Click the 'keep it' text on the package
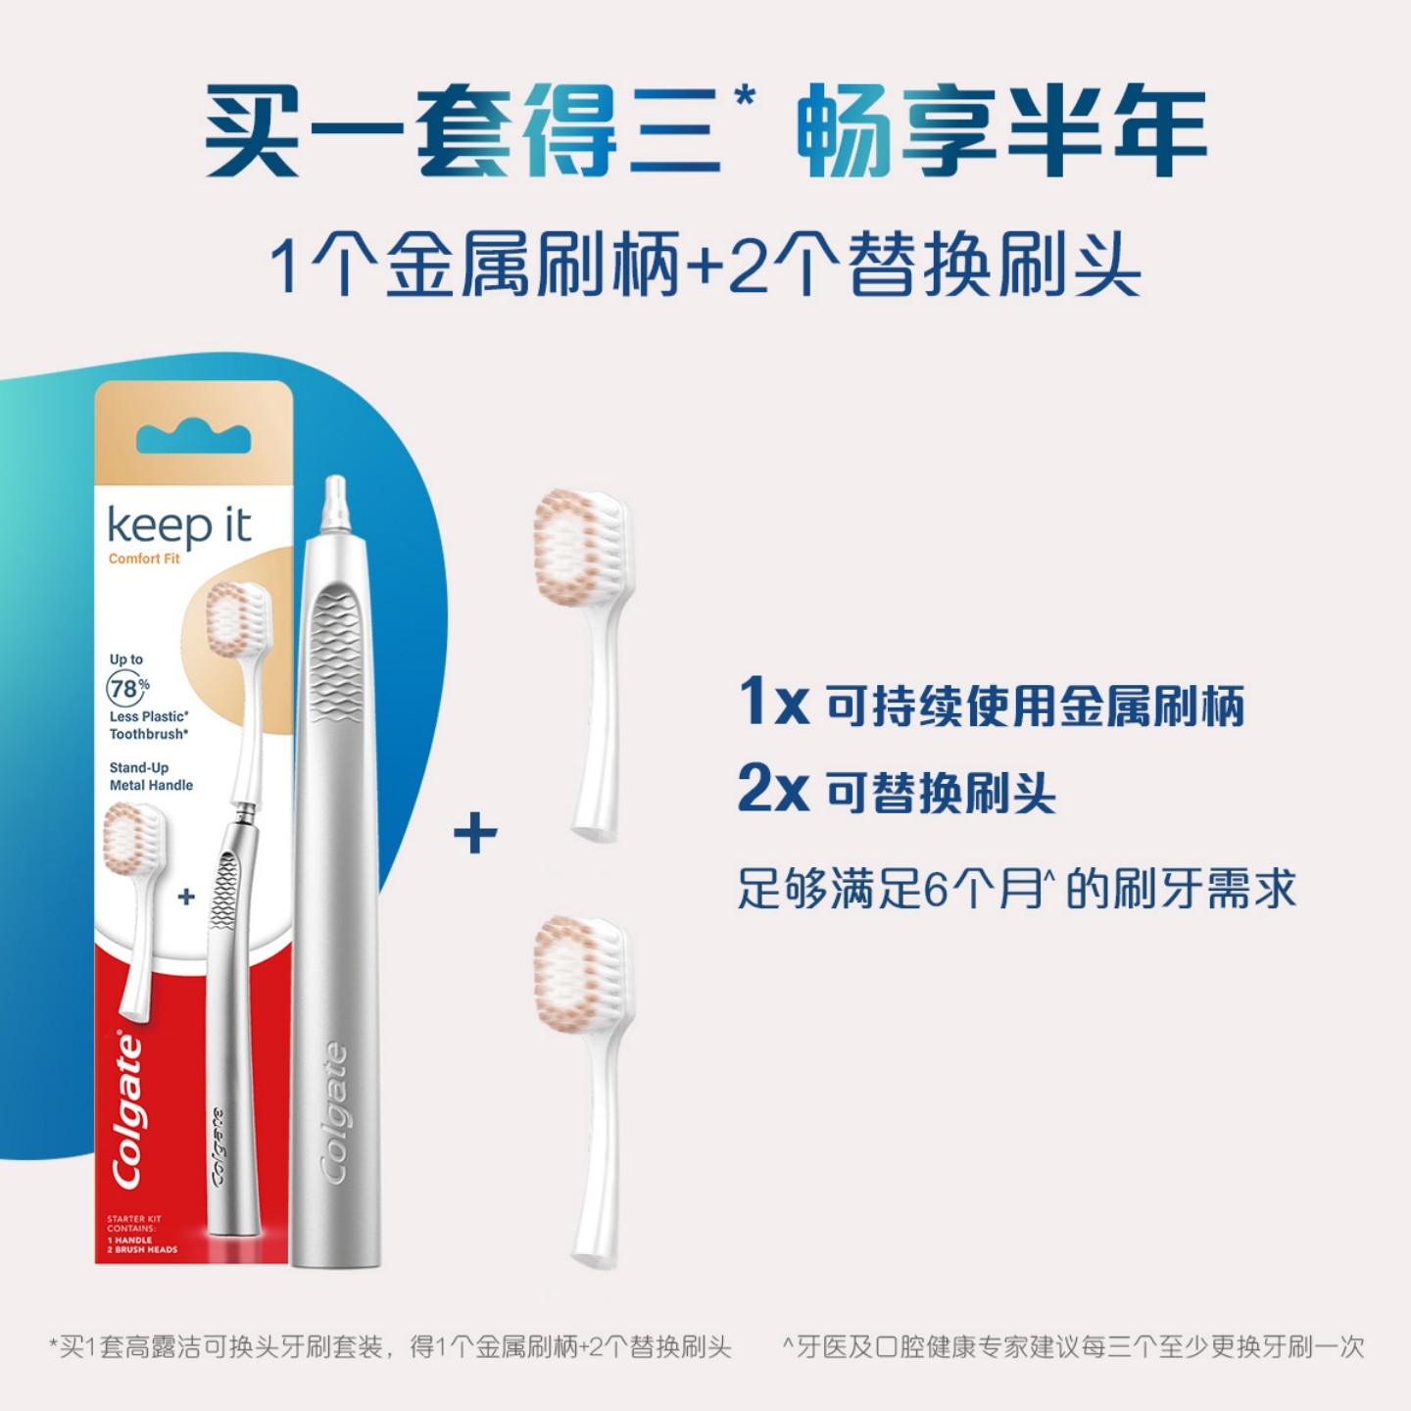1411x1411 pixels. click(x=179, y=526)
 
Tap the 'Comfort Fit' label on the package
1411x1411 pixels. click(x=144, y=559)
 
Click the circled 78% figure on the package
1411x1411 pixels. click(x=126, y=689)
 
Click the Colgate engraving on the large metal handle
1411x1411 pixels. click(x=335, y=1112)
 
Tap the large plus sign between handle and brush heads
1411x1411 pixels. click(x=475, y=834)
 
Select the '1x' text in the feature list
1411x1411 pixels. click(x=773, y=702)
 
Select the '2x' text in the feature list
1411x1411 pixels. click(x=773, y=789)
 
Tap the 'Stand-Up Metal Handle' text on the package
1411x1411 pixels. click(x=151, y=776)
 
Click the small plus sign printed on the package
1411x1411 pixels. click(x=186, y=897)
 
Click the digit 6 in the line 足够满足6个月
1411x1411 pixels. click(x=938, y=890)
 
